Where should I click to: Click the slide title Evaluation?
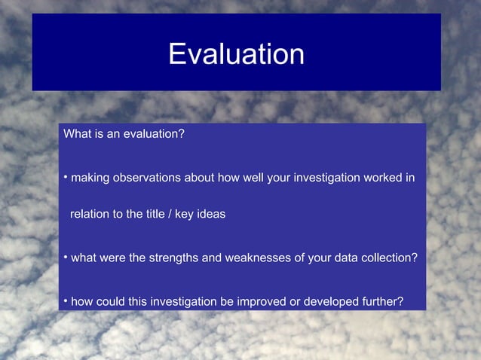(x=236, y=54)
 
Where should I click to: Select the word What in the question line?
(x=77, y=134)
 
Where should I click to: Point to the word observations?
(x=146, y=178)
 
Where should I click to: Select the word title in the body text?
(x=158, y=214)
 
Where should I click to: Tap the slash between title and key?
(x=172, y=214)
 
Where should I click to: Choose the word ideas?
(x=211, y=214)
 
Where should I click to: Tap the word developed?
(x=326, y=302)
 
